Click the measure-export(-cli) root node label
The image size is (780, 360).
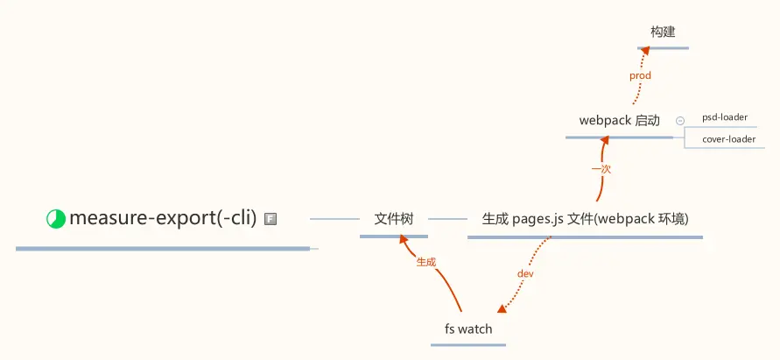pyautogui.click(x=163, y=218)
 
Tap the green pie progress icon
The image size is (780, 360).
pyautogui.click(x=56, y=219)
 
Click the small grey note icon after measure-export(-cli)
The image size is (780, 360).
pyautogui.click(x=271, y=219)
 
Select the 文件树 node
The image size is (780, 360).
pyautogui.click(x=393, y=219)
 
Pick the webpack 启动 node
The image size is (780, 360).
pyautogui.click(x=619, y=121)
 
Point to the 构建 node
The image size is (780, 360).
pyautogui.click(x=663, y=32)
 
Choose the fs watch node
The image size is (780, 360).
pyautogui.click(x=468, y=329)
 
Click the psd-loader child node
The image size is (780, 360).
pyautogui.click(x=724, y=117)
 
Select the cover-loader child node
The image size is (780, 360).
pyautogui.click(x=728, y=138)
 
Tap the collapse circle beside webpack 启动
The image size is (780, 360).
pyautogui.click(x=680, y=120)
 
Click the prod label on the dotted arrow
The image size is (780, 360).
pyautogui.click(x=640, y=76)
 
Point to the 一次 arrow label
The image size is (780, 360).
pyautogui.click(x=601, y=168)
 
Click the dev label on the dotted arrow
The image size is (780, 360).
pyautogui.click(x=525, y=274)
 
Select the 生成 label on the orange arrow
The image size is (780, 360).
pyautogui.click(x=426, y=262)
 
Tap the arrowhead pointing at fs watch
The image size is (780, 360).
pyautogui.click(x=502, y=308)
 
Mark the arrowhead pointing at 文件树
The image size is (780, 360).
pyautogui.click(x=400, y=242)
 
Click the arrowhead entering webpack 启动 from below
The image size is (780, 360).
pyautogui.click(x=603, y=142)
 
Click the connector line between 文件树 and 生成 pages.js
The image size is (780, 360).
pyautogui.click(x=447, y=219)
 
